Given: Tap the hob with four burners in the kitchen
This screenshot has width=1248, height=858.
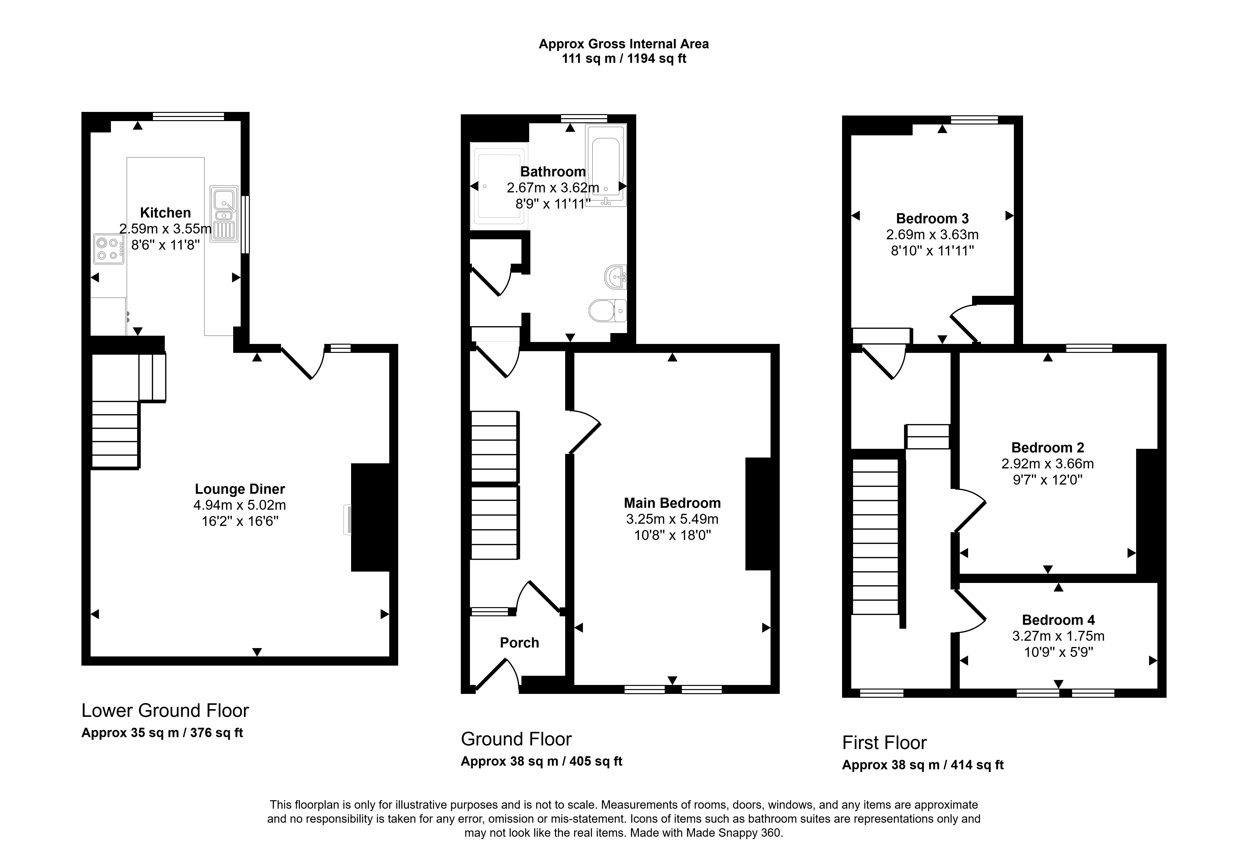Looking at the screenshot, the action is tap(109, 249).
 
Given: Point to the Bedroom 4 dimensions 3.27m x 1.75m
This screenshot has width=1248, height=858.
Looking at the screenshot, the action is tap(1058, 636).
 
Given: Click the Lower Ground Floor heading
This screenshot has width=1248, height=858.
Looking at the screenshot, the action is tap(165, 711).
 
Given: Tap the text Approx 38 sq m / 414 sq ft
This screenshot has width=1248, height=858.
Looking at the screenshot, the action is tap(923, 765).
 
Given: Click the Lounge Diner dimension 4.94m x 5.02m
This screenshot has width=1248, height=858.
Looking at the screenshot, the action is tap(240, 505).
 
